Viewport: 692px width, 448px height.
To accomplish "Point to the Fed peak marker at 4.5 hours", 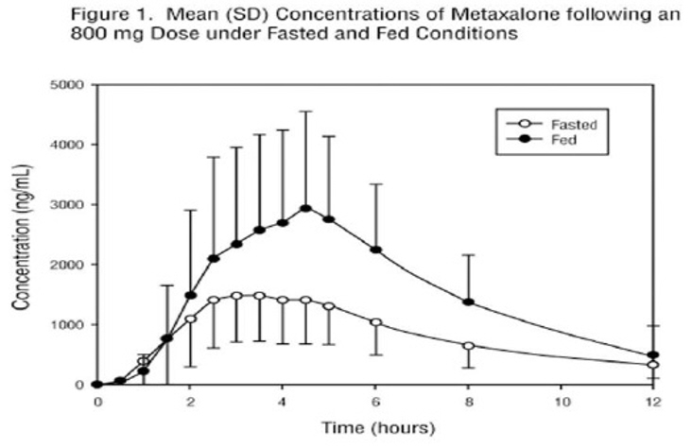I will click(305, 209).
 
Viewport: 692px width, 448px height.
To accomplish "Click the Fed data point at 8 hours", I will click(468, 302).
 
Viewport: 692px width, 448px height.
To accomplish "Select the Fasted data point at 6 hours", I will click(375, 322).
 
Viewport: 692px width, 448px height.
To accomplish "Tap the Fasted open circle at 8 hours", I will click(468, 346).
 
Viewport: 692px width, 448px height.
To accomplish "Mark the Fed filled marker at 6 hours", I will click(375, 250).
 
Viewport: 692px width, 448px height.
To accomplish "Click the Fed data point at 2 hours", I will click(190, 296).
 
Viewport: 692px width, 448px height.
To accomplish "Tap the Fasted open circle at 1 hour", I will click(144, 361).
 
